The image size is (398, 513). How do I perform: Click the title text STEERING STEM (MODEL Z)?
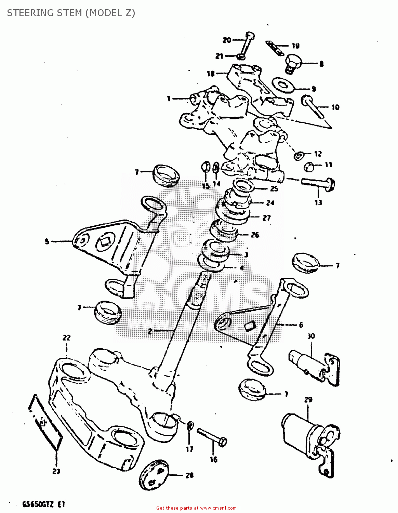click(71, 13)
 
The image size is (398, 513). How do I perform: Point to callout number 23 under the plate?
click(56, 471)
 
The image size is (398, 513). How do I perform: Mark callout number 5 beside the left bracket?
click(47, 241)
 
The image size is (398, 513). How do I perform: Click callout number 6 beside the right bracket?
click(301, 325)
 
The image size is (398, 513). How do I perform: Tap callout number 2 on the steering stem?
click(150, 331)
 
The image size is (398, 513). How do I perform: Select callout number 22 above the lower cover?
click(66, 338)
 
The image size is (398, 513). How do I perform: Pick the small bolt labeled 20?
click(247, 44)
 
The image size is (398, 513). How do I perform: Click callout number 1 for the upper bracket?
click(169, 99)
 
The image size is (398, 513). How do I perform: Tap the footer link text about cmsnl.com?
click(198, 508)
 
